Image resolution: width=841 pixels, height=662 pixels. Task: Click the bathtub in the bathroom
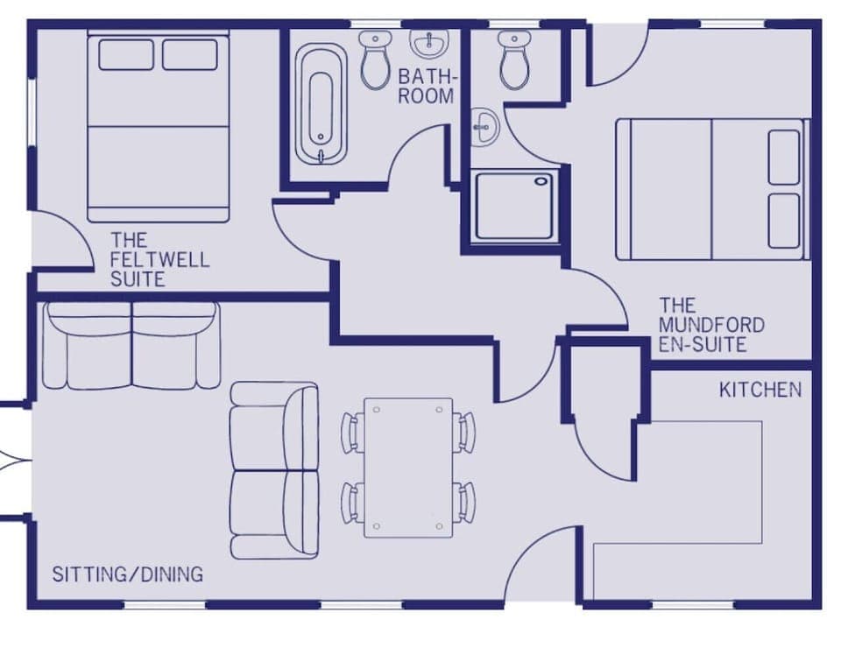tap(321, 104)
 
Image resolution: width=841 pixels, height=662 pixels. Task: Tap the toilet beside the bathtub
tap(376, 59)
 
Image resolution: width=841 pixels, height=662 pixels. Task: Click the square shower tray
tap(514, 206)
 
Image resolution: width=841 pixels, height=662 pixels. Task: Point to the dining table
tap(408, 468)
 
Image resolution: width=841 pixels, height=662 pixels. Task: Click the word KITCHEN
tap(760, 390)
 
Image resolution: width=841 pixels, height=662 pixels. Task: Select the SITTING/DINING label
tap(127, 575)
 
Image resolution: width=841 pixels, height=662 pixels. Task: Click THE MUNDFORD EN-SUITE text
tap(710, 325)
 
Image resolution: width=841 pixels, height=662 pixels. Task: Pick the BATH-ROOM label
tap(426, 86)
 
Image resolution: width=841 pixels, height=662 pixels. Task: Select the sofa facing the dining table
tap(273, 470)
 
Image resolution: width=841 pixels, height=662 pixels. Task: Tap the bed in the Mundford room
tap(711, 189)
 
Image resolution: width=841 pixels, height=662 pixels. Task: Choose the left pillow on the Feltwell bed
tap(126, 55)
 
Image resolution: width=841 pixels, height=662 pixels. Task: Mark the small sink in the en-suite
tap(483, 127)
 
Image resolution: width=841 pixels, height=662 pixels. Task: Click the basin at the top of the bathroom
tap(429, 43)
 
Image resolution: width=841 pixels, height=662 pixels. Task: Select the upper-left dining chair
tap(352, 433)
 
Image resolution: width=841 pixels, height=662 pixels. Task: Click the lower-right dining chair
tap(464, 503)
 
